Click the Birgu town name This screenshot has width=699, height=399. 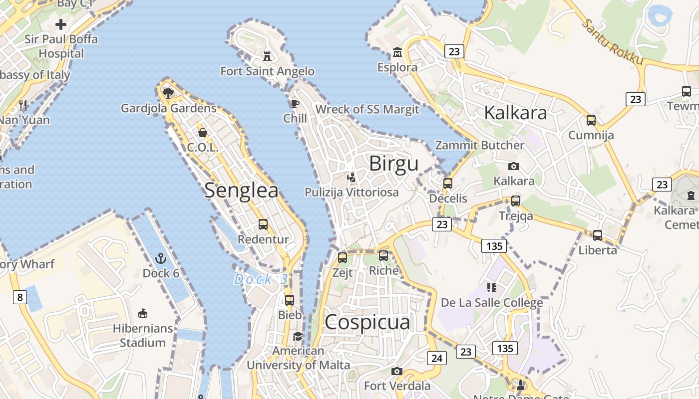click(x=393, y=164)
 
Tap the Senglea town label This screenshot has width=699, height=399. click(x=241, y=191)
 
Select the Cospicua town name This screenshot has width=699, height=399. click(x=367, y=322)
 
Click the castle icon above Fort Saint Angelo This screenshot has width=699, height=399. click(x=268, y=56)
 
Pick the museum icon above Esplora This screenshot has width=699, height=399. click(x=397, y=52)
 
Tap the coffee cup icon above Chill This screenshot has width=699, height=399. click(x=295, y=104)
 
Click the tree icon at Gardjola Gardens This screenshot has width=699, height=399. click(x=168, y=93)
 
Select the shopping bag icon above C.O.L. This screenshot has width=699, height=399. click(x=203, y=133)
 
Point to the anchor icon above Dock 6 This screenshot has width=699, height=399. click(x=160, y=258)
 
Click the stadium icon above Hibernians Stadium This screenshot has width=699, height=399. click(x=143, y=313)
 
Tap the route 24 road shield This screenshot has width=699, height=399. click(x=436, y=358)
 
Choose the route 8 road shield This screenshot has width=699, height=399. click(x=19, y=298)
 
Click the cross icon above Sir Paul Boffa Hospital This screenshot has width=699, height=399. click(x=61, y=24)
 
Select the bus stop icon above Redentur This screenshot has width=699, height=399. click(x=263, y=224)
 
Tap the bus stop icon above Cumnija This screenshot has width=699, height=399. click(x=591, y=120)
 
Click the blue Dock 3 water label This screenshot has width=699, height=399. click(x=261, y=279)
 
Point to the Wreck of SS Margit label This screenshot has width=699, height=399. click(x=367, y=109)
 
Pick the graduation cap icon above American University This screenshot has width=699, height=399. click(x=298, y=336)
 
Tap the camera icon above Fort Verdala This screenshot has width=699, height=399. click(x=397, y=371)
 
